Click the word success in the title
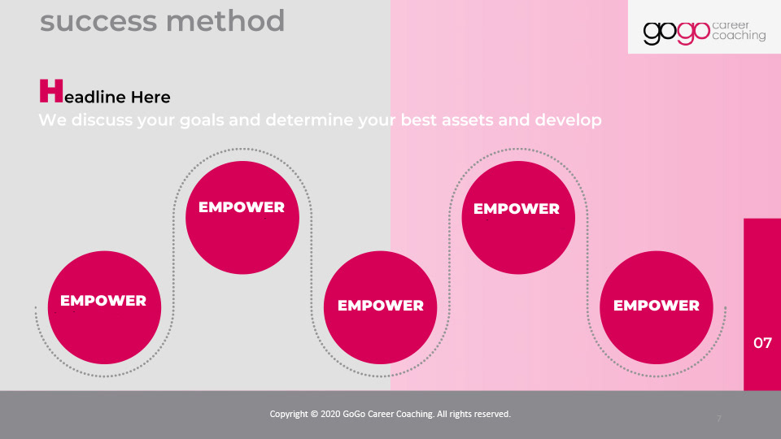98,21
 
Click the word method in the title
225,21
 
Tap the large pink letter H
51,90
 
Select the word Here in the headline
151,97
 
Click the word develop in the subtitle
568,120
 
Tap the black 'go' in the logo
660,33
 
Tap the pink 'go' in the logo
693,33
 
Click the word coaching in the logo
739,35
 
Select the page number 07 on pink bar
762,343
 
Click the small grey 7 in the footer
718,419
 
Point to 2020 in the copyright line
330,414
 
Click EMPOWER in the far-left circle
103,301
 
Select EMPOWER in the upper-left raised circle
242,207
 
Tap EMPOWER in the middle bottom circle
381,306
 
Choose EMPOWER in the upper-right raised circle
517,209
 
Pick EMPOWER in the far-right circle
657,306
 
